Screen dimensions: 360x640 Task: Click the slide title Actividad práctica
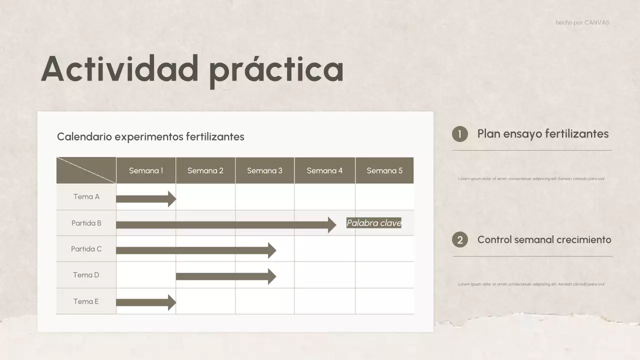(192, 68)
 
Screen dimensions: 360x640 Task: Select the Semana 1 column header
(146, 170)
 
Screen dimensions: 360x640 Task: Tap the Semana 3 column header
(264, 170)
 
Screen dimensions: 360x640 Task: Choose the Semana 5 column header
(384, 170)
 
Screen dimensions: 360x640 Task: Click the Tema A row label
(86, 197)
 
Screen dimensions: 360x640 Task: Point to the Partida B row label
(86, 223)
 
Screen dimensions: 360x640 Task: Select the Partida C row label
(86, 249)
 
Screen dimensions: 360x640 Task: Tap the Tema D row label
(86, 275)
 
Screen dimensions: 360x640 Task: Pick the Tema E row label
(86, 301)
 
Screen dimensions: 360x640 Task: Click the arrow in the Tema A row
(145, 199)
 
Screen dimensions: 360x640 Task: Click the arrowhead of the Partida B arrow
(332, 225)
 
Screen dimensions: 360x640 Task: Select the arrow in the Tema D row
(225, 276)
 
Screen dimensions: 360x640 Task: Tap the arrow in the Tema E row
(145, 302)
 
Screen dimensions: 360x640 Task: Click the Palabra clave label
(374, 223)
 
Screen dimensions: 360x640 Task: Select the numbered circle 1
(460, 134)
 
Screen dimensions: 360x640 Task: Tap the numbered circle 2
(460, 240)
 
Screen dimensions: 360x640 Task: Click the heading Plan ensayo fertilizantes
(543, 134)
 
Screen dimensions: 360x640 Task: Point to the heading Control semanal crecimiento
(544, 239)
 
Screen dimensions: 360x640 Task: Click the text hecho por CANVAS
(582, 22)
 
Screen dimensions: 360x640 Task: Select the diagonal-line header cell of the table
(86, 170)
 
